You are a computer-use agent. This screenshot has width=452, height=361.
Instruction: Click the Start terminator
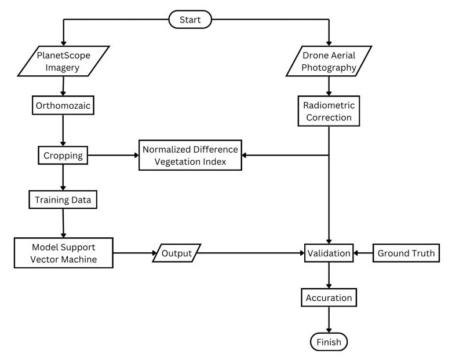190,20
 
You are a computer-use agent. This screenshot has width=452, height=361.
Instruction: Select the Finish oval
329,342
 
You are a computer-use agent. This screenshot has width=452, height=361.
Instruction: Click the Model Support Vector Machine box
63,252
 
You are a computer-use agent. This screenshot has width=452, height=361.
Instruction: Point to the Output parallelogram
176,253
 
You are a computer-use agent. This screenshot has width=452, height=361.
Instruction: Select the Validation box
329,253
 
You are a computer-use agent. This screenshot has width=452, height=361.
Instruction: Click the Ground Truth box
406,253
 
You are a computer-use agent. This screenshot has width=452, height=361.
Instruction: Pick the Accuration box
329,297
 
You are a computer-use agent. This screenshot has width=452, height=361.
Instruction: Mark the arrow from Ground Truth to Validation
363,253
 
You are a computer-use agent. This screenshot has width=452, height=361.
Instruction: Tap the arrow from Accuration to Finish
329,320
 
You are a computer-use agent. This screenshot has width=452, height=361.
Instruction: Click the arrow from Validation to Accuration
329,275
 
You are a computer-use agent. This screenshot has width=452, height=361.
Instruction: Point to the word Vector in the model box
45,259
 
